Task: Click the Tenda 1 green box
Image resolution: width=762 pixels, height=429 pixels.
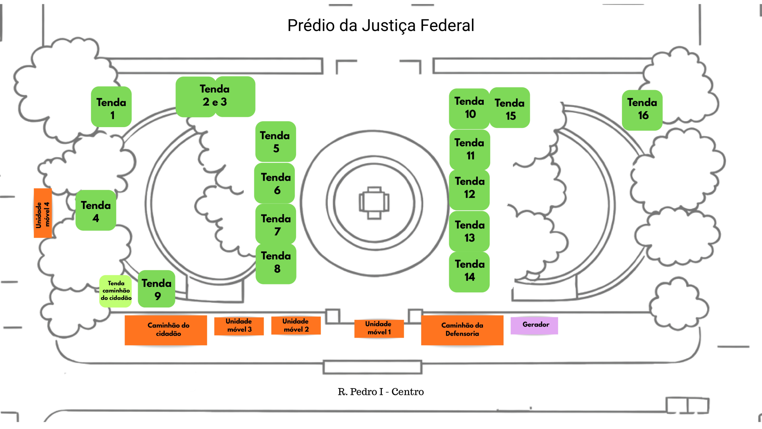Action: pyautogui.click(x=111, y=107)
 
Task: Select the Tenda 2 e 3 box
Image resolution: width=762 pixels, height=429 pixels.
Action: pyautogui.click(x=215, y=97)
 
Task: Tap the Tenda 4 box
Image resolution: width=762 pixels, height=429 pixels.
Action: pyautogui.click(x=96, y=210)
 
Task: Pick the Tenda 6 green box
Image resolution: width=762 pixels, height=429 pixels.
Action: pyautogui.click(x=275, y=183)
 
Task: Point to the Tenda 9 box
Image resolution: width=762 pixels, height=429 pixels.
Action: pyautogui.click(x=156, y=289)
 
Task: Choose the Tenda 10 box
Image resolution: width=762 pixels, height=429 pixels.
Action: pyautogui.click(x=469, y=108)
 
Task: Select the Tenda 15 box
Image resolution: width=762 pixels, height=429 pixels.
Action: pyautogui.click(x=510, y=108)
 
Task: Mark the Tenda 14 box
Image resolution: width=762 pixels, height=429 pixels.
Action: pyautogui.click(x=469, y=272)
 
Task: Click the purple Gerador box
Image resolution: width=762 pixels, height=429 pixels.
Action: pyautogui.click(x=534, y=325)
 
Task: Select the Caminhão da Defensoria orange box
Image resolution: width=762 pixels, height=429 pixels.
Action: pyautogui.click(x=462, y=330)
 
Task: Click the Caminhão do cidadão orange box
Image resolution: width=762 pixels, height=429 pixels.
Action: pyautogui.click(x=166, y=330)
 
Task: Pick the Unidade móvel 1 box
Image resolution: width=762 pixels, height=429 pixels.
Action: pyautogui.click(x=379, y=329)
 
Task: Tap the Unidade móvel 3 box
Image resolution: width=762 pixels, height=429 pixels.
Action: pyautogui.click(x=239, y=326)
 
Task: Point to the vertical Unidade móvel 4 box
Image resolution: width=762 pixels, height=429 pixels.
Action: pyautogui.click(x=43, y=213)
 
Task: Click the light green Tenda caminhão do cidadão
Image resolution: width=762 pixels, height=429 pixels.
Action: pyautogui.click(x=115, y=291)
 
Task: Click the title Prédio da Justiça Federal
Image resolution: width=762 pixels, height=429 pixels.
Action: pyautogui.click(x=381, y=25)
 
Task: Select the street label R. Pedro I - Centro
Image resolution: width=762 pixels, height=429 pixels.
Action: pyautogui.click(x=381, y=392)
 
